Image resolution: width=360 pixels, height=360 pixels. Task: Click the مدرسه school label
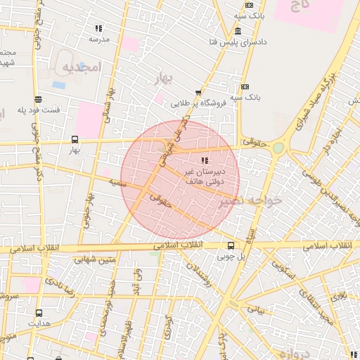[x=98, y=39]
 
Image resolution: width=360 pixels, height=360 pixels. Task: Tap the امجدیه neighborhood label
[x=83, y=67]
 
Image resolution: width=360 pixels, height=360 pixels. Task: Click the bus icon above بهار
[x=75, y=139]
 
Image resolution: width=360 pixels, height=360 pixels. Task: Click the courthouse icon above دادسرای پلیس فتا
[x=238, y=32]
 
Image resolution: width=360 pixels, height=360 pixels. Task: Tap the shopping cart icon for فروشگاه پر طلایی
[x=198, y=92]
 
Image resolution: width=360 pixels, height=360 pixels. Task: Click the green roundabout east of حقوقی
[x=278, y=148]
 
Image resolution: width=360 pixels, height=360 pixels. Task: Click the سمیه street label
[x=117, y=182]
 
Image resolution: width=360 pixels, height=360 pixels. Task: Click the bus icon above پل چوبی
[x=231, y=245]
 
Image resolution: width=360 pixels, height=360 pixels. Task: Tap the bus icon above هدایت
[x=38, y=314]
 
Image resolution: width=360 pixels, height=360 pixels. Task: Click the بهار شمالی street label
[x=108, y=105]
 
